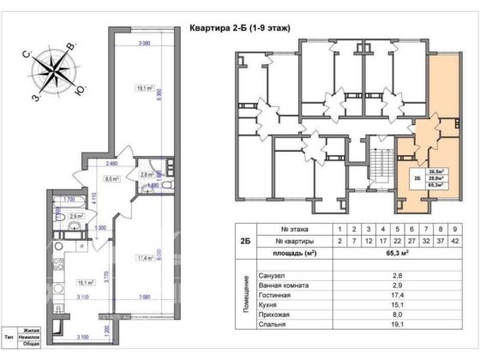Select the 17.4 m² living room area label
144,257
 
